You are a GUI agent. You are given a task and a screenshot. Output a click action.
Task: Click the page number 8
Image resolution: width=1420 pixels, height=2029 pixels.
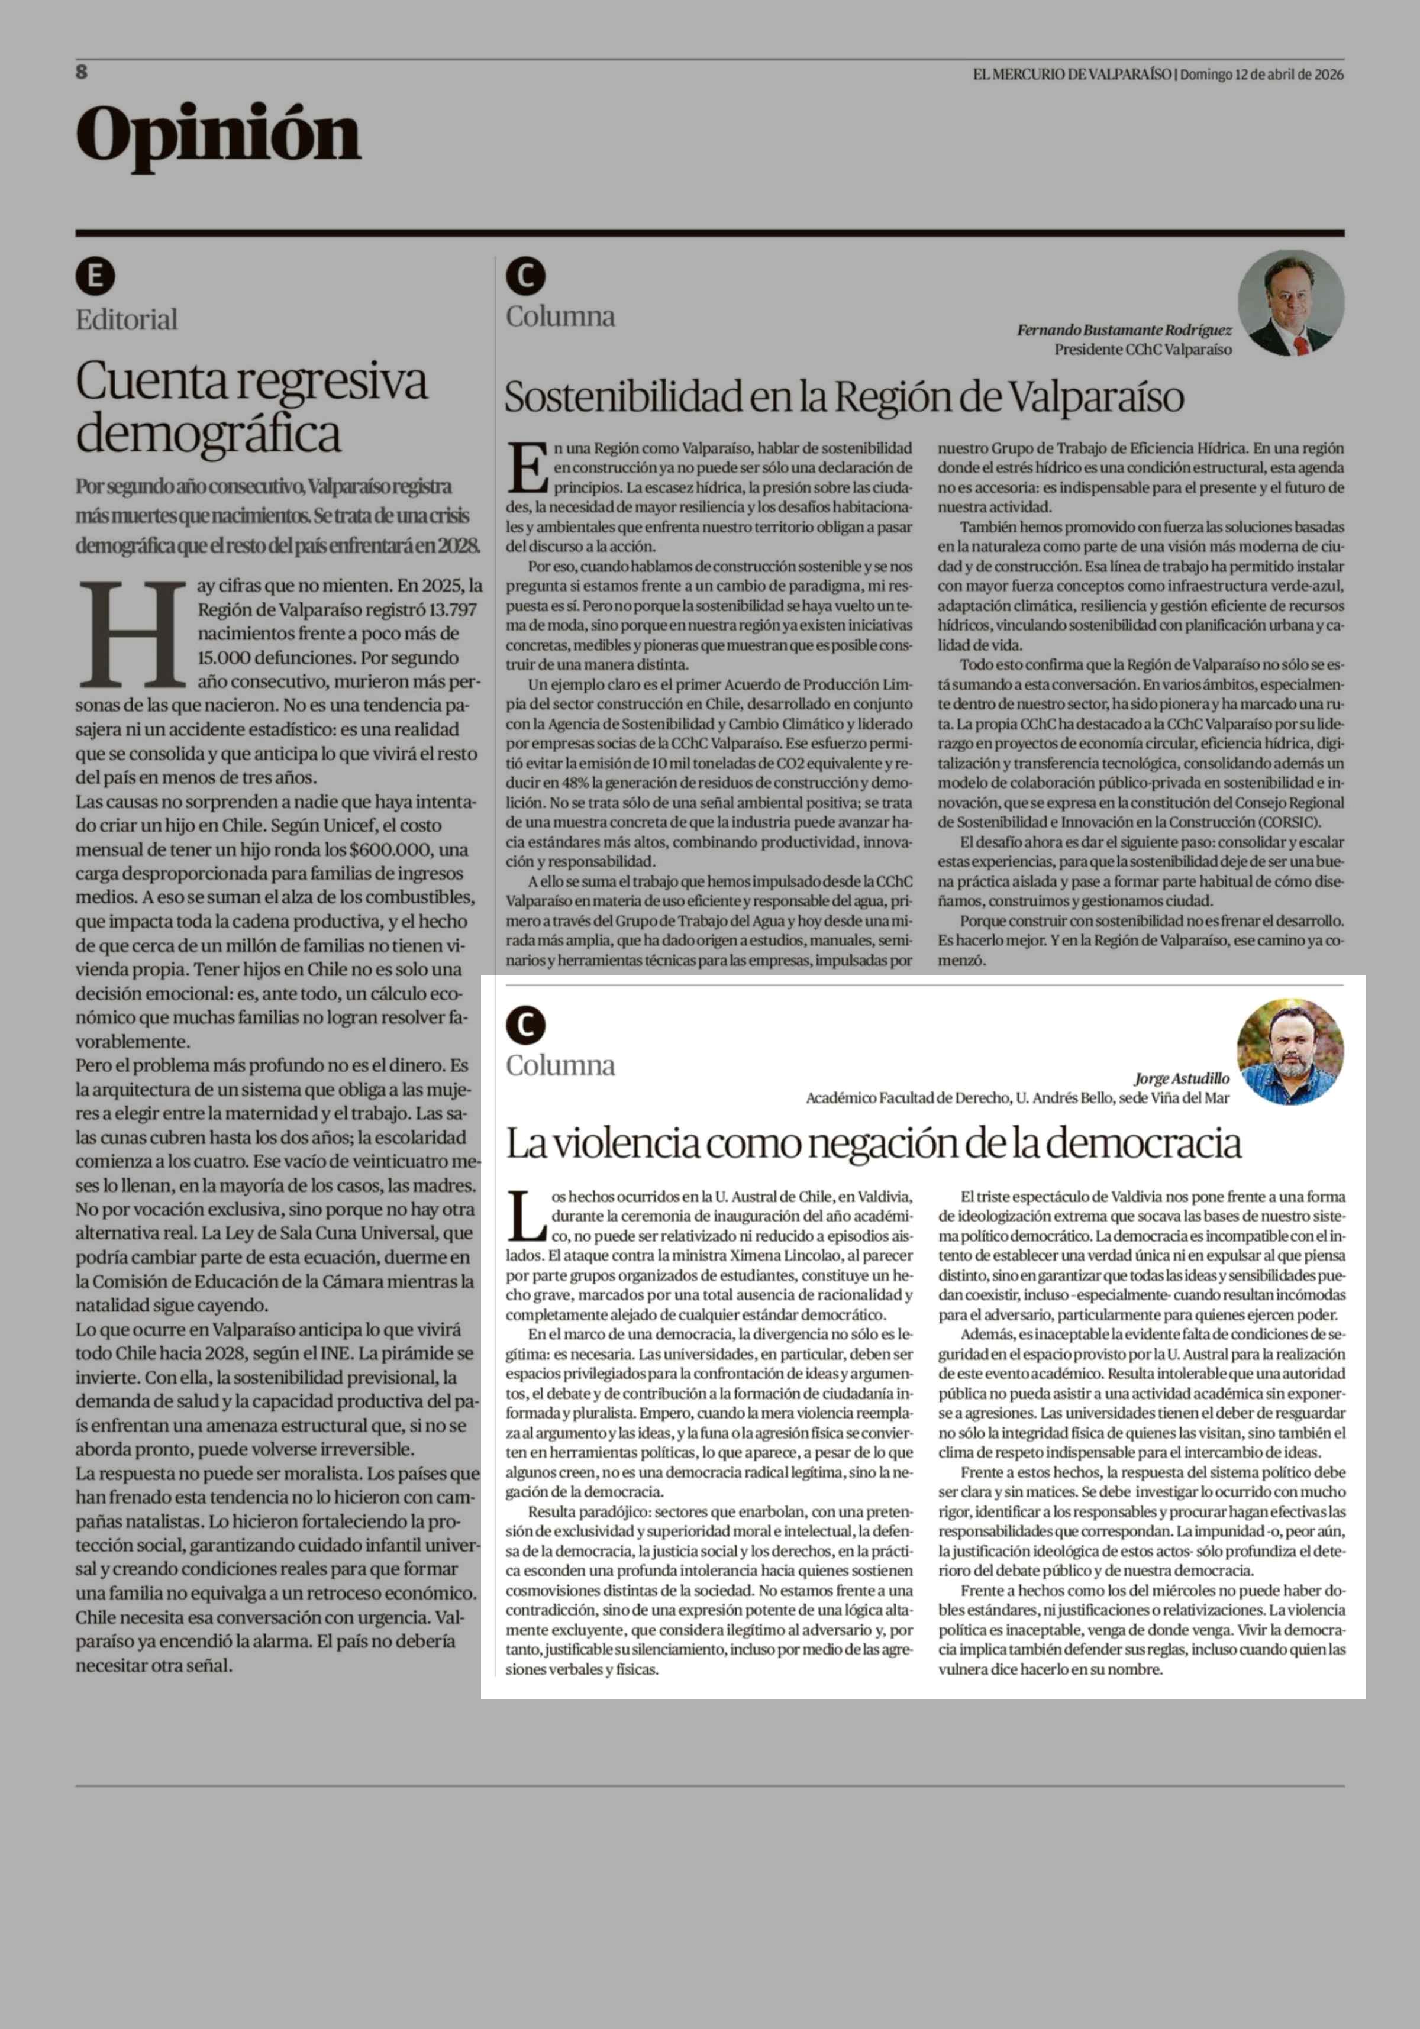81,72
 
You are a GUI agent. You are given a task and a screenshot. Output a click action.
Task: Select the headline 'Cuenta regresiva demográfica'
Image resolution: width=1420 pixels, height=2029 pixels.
252,406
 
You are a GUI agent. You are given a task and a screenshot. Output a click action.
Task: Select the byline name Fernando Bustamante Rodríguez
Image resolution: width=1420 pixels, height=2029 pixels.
1124,329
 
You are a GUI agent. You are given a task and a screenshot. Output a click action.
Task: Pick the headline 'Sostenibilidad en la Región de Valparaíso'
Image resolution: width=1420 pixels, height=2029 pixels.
844,397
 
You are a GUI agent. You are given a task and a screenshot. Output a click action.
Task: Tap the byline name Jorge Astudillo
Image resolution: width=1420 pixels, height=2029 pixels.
1182,1078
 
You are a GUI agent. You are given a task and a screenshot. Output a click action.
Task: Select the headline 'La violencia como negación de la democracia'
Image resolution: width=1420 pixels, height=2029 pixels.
873,1143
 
